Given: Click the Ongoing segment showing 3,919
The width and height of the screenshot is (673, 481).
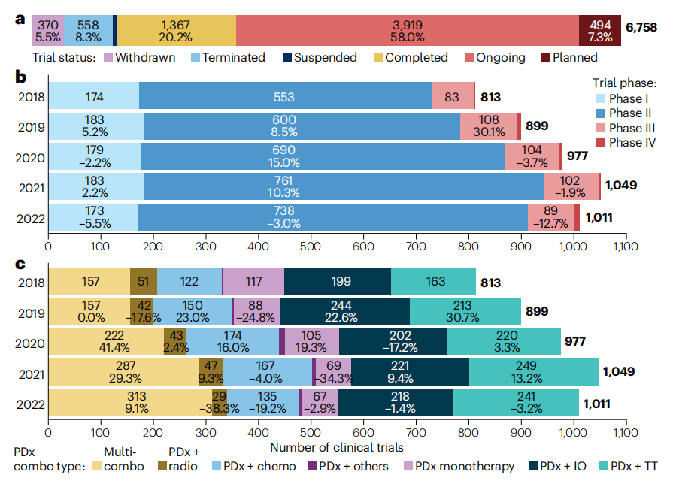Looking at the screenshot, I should pos(407,29).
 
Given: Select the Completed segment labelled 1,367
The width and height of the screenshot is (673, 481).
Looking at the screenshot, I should pos(177,29).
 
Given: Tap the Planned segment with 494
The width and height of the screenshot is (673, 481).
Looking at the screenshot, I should pos(599,29).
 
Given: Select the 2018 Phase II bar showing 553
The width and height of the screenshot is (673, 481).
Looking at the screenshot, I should pos(285,96).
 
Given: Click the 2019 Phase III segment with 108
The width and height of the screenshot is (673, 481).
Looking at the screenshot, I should pos(488,126).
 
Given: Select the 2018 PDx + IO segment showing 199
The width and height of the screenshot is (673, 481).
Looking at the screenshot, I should pos(337,282).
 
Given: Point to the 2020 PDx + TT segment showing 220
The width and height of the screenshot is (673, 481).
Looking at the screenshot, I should pos(503,343).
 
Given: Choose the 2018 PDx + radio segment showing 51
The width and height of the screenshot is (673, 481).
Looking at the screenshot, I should pos(143,282).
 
